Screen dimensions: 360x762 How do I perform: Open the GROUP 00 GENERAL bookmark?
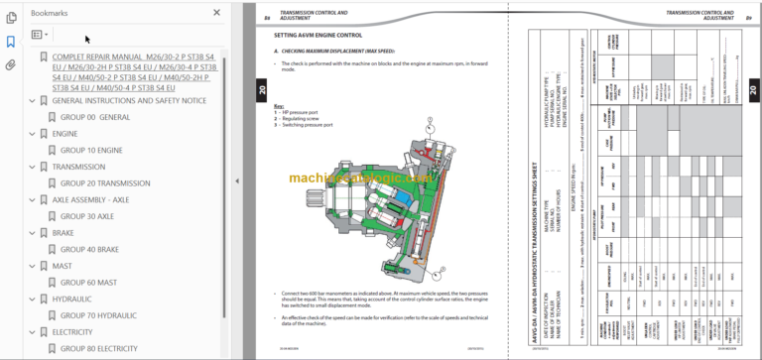pyautogui.click(x=94, y=117)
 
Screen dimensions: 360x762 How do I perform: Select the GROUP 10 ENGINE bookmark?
pyautogui.click(x=91, y=150)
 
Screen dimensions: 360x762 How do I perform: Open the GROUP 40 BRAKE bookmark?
pyautogui.click(x=90, y=250)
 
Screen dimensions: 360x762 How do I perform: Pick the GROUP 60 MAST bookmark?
pyautogui.click(x=88, y=283)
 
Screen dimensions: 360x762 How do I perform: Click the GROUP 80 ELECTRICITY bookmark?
pyautogui.click(x=98, y=348)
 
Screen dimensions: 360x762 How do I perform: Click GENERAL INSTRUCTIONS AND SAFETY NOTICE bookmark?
pyautogui.click(x=128, y=100)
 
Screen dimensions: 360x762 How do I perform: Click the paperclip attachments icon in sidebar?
pyautogui.click(x=11, y=65)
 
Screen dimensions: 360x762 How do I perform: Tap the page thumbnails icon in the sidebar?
pyautogui.click(x=11, y=18)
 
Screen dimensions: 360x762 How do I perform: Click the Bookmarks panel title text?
pyautogui.click(x=51, y=13)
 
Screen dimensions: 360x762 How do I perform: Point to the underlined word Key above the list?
pyautogui.click(x=279, y=104)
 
